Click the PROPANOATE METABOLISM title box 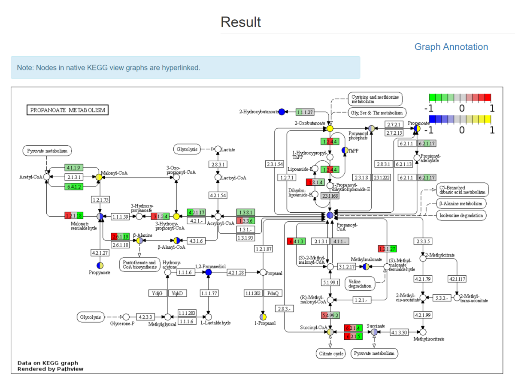point(68,110)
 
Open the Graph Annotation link point(451,47)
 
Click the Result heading point(241,22)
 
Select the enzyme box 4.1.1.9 point(74,167)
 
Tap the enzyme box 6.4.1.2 point(74,186)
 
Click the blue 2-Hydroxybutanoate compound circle point(282,112)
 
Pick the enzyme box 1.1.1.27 point(305,112)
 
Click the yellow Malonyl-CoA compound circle point(99,177)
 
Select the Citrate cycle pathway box point(330,354)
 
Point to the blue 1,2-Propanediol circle point(209,272)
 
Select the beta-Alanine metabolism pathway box point(461,203)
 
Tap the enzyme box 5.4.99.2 point(330,316)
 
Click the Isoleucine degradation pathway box point(461,215)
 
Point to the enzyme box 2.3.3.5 point(423,241)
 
